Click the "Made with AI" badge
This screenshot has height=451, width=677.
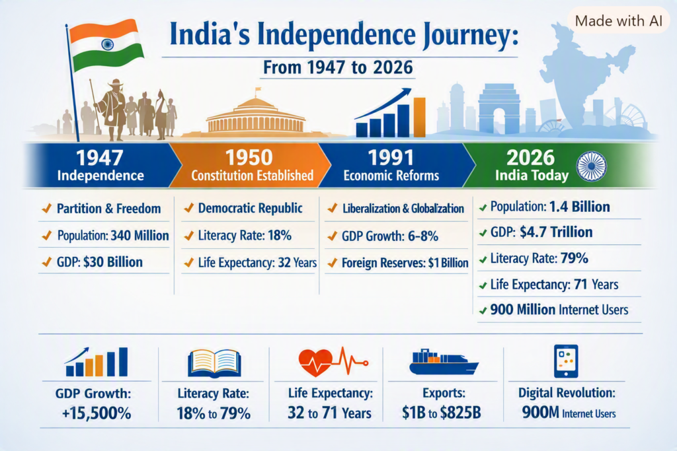click(618, 20)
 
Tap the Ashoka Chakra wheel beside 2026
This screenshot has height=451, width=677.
click(592, 166)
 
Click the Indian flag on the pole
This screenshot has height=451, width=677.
click(106, 45)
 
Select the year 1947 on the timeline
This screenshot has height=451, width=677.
click(100, 157)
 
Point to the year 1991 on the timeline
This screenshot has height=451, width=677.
click(390, 157)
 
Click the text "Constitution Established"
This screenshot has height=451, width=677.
click(252, 176)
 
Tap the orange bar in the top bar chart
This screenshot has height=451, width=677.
click(419, 118)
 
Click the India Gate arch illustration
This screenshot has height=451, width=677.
click(498, 109)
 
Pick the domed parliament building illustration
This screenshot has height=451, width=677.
click(256, 114)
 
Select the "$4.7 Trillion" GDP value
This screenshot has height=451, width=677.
click(556, 232)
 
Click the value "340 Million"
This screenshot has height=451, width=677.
click(140, 236)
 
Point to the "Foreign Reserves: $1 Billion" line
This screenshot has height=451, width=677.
click(405, 263)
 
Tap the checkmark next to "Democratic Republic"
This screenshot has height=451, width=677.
click(188, 208)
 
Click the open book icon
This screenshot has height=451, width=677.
click(214, 363)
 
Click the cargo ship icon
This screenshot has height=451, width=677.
click(444, 361)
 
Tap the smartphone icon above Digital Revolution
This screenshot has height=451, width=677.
click(566, 361)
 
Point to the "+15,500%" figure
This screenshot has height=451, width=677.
click(97, 413)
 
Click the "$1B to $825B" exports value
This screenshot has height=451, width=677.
click(441, 413)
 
